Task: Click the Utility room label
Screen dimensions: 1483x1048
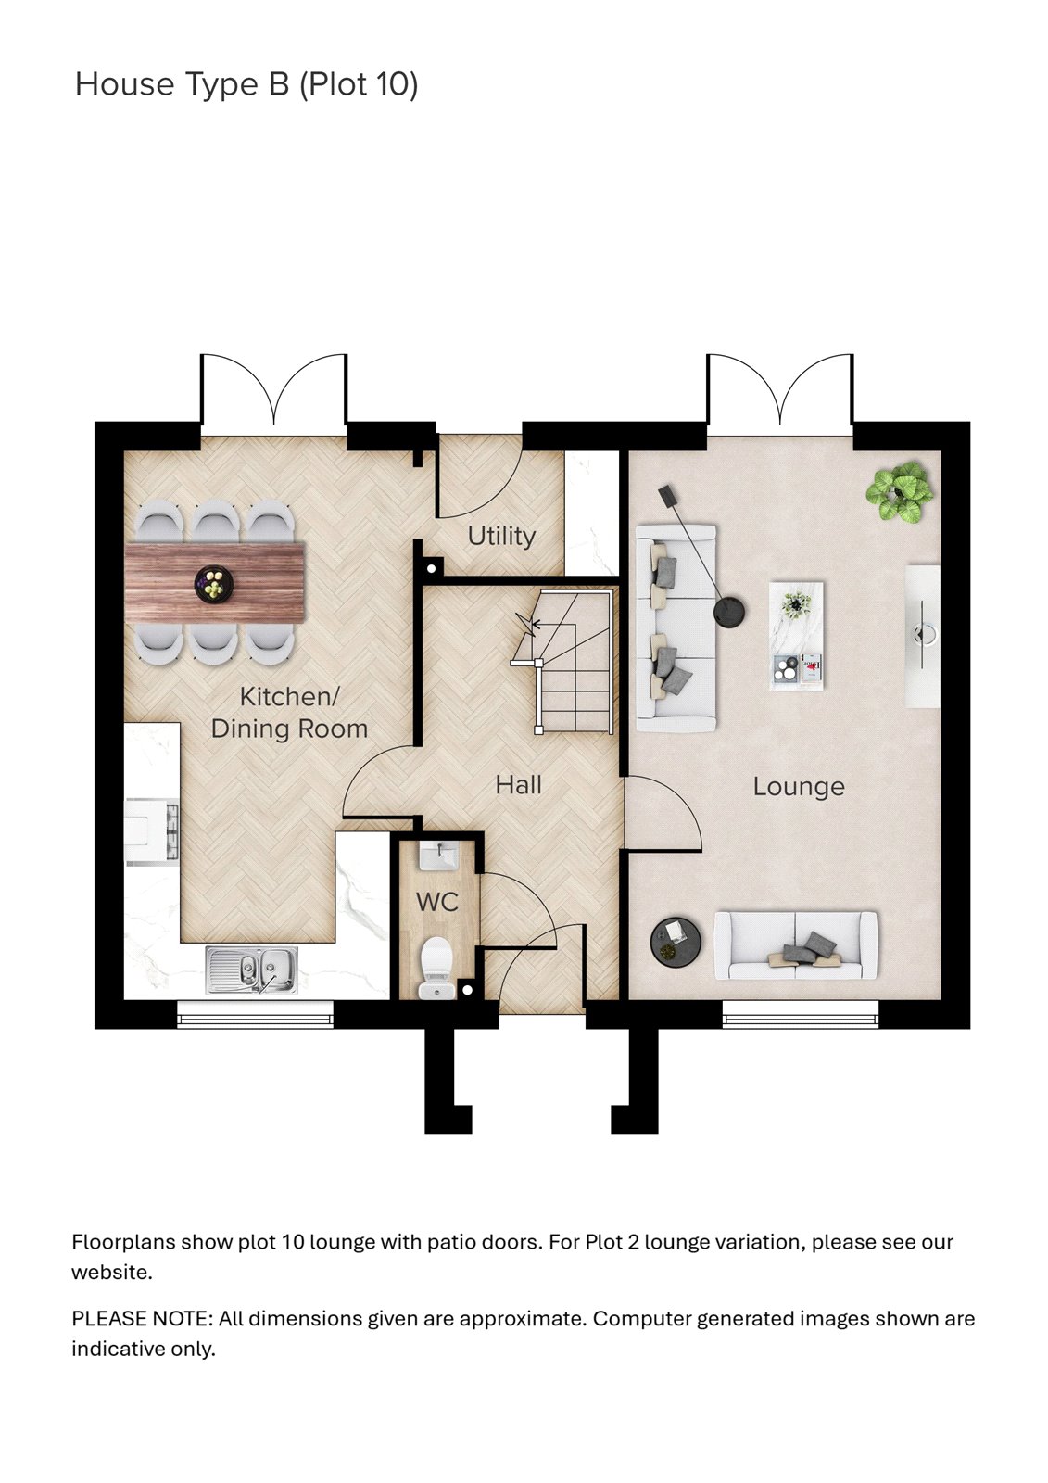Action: click(x=501, y=536)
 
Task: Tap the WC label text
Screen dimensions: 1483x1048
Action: click(x=436, y=902)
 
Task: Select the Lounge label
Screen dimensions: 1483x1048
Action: click(x=798, y=787)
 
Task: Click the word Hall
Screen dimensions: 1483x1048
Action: click(x=518, y=785)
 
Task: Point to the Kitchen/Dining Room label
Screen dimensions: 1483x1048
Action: click(x=289, y=712)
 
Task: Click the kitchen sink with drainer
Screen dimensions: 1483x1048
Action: click(x=252, y=969)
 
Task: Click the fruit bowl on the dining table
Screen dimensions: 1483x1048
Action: click(x=214, y=585)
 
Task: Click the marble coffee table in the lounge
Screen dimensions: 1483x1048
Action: click(x=796, y=636)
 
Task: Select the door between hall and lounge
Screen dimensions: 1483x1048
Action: click(x=662, y=814)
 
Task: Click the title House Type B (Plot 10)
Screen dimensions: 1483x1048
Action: click(x=246, y=84)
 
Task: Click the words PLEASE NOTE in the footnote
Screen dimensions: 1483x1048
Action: click(x=141, y=1319)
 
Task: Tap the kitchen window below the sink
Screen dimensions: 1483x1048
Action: click(x=255, y=1019)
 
